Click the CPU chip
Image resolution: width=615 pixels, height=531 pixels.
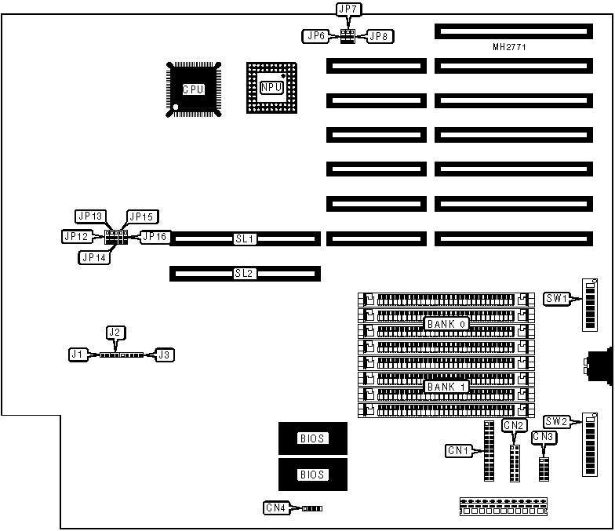pyautogui.click(x=193, y=89)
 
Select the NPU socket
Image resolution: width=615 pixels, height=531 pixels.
pyautogui.click(x=271, y=89)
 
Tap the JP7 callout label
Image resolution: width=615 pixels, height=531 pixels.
pyautogui.click(x=347, y=9)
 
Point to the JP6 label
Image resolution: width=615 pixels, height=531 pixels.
pyautogui.click(x=316, y=35)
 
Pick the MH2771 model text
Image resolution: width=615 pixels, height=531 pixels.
pyautogui.click(x=508, y=48)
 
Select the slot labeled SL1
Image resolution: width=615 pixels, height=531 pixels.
pyautogui.click(x=245, y=238)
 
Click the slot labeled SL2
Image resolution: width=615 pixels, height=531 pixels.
pyautogui.click(x=245, y=274)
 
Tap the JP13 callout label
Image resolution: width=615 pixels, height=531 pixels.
pyautogui.click(x=90, y=216)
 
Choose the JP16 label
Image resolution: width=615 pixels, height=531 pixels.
pyautogui.click(x=153, y=236)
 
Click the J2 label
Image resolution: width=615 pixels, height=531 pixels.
pyautogui.click(x=115, y=333)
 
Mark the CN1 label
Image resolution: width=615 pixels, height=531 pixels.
pyautogui.click(x=458, y=450)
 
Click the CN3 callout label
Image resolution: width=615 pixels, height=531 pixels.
pyautogui.click(x=543, y=437)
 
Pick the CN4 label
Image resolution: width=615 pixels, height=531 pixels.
pyautogui.click(x=276, y=508)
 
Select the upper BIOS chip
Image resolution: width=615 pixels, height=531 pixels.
pyautogui.click(x=311, y=438)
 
